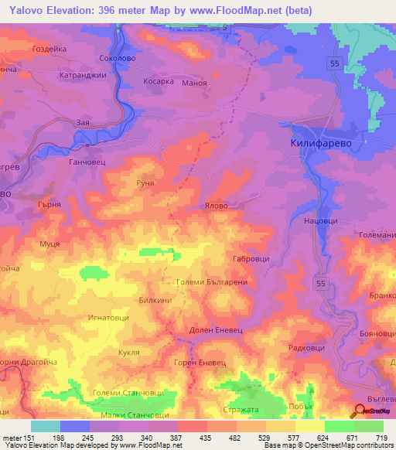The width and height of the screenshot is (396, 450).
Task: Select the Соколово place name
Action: point(118,58)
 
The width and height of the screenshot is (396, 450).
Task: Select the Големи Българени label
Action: point(211,283)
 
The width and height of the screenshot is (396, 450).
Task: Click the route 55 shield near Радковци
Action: point(321,285)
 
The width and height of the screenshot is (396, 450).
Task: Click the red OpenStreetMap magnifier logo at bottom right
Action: point(360,411)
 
